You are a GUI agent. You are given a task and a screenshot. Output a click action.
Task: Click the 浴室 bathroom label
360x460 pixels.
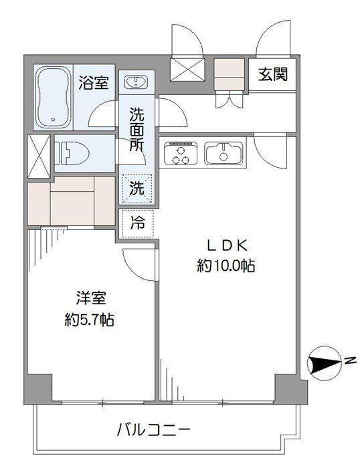click(x=94, y=83)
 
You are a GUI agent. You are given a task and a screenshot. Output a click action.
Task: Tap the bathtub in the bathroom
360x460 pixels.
click(x=53, y=97)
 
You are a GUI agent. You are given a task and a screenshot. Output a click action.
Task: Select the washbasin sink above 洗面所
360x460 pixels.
click(x=137, y=82)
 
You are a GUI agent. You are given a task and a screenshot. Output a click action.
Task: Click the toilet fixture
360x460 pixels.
click(x=72, y=153)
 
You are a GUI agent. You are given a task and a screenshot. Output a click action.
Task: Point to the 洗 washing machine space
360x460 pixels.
click(x=137, y=189)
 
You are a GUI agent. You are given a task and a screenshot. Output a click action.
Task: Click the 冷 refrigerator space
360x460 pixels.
click(x=138, y=223)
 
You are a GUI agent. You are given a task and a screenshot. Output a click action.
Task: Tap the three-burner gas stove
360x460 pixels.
click(x=181, y=153)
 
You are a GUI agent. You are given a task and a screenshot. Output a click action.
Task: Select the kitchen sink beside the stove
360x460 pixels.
click(x=223, y=153)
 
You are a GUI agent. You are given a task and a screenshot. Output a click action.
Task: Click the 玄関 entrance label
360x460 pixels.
click(x=273, y=74)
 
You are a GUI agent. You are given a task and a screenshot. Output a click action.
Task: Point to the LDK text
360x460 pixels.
click(x=227, y=246)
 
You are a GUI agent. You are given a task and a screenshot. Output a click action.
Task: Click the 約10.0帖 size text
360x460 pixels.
click(x=226, y=266)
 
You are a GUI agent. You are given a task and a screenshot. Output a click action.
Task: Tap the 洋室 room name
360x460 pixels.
click(x=91, y=298)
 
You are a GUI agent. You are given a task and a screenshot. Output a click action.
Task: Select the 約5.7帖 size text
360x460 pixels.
click(x=89, y=320)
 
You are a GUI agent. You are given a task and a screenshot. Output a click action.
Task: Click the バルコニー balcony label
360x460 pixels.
click(x=153, y=430)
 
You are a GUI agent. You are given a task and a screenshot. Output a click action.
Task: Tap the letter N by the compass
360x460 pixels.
click(x=350, y=360)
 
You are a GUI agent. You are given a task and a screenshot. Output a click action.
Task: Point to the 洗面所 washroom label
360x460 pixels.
click(x=137, y=130)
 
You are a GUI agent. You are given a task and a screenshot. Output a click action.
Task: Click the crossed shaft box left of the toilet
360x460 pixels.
click(x=39, y=156)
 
